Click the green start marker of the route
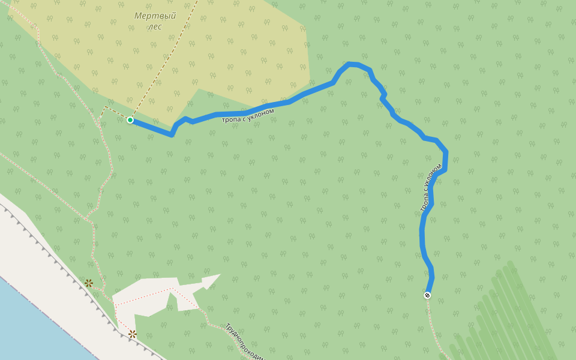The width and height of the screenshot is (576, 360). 130,120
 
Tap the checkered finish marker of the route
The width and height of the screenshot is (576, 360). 427,295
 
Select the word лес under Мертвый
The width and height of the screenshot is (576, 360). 154,26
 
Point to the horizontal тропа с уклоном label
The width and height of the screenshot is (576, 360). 248,115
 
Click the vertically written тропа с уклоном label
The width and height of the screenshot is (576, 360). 431,187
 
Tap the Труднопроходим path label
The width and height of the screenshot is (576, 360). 245,343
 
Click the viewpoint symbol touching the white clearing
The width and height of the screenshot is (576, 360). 132,334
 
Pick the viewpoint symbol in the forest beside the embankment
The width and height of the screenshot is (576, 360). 89,283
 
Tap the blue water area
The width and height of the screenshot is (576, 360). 36,324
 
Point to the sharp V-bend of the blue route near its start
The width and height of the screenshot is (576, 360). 172,134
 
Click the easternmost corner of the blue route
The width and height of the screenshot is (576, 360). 446,154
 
